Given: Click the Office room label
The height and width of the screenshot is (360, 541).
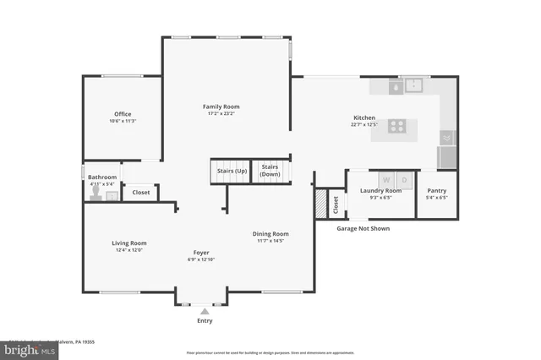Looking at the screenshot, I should [x=123, y=114].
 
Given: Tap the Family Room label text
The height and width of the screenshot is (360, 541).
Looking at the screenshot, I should [x=221, y=106].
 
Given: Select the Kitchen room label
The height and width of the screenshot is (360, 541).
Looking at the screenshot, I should [x=363, y=117].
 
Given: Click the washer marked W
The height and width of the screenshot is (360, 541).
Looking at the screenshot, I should [x=386, y=179].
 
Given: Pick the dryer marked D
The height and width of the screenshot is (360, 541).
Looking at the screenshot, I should [x=404, y=179].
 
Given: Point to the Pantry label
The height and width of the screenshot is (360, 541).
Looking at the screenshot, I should [x=437, y=191].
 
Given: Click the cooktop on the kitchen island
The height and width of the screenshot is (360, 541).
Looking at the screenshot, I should [x=396, y=127].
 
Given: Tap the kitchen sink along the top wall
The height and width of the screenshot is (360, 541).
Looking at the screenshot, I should [x=413, y=85].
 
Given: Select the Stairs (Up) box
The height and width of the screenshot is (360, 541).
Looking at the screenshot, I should [x=232, y=171].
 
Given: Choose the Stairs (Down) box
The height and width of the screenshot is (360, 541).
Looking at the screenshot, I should [x=270, y=171].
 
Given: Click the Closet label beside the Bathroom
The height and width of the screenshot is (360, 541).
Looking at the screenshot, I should [x=141, y=193].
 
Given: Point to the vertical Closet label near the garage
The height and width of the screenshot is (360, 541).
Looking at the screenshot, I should [x=335, y=204].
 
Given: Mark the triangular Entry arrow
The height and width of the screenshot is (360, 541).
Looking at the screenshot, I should [x=204, y=311].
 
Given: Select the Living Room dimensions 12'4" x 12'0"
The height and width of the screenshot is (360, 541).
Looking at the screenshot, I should [x=129, y=250].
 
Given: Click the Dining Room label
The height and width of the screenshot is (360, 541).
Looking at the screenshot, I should [x=270, y=234].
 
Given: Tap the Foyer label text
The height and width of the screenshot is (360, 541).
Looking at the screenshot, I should [x=201, y=253].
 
